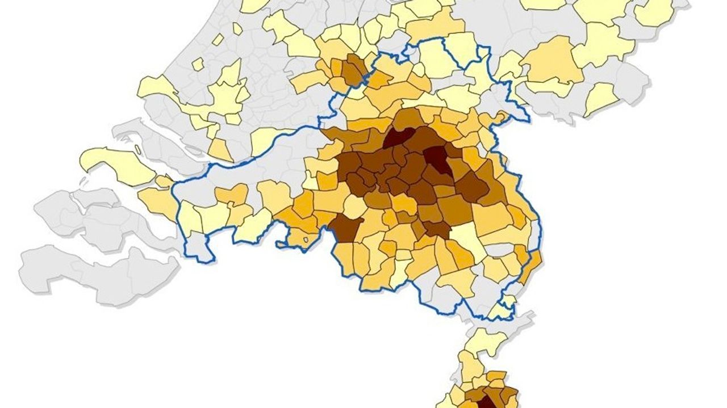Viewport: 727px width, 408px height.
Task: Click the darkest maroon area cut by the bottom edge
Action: click(x=486, y=402)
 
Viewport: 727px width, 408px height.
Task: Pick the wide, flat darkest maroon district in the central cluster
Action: click(x=399, y=138)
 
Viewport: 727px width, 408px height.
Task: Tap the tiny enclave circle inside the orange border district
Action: click(x=307, y=239)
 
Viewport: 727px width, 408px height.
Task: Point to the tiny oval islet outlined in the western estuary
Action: click(x=137, y=150)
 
